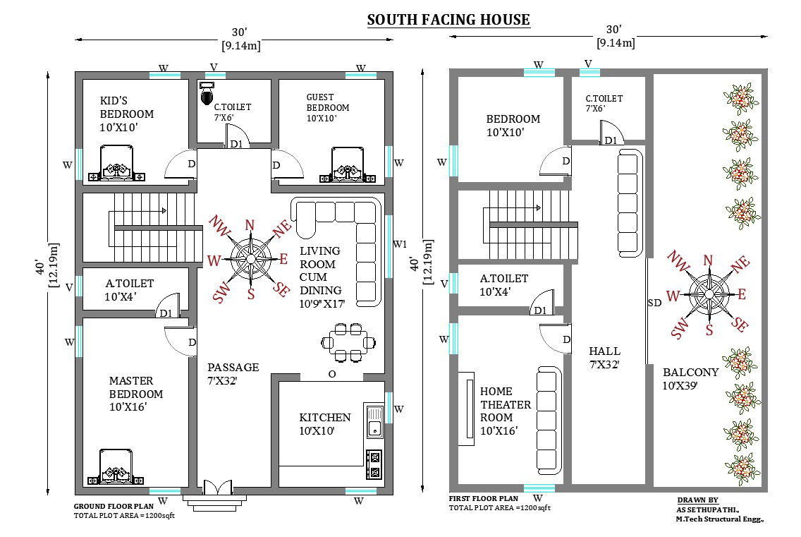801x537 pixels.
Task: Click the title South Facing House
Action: [x=448, y=20]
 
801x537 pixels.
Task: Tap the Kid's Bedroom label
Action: [x=127, y=114]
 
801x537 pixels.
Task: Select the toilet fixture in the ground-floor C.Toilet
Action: [x=207, y=93]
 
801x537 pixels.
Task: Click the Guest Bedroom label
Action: [x=328, y=107]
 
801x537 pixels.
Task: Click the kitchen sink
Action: [x=375, y=421]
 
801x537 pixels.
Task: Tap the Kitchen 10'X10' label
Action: [x=325, y=424]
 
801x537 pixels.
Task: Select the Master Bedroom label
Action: [x=136, y=394]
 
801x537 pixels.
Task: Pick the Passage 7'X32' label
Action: [x=233, y=374]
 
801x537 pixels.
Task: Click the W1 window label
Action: [x=400, y=244]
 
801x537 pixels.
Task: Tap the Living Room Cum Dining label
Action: [x=322, y=277]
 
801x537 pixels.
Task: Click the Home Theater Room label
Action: [x=506, y=411]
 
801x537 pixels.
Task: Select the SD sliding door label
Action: [x=654, y=303]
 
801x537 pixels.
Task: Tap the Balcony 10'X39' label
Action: [x=690, y=379]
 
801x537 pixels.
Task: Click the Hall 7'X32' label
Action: [x=604, y=358]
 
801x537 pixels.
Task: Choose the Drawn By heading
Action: [x=698, y=500]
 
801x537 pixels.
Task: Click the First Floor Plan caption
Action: [x=483, y=499]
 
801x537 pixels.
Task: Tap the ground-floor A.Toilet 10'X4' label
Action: [x=129, y=290]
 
